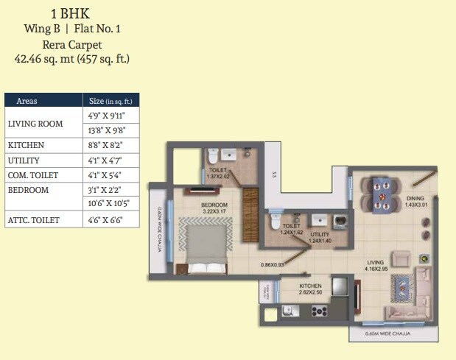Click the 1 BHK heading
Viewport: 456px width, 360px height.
tap(71, 13)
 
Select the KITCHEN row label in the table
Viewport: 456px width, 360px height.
tap(26, 145)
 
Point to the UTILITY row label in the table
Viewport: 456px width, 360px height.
tap(24, 160)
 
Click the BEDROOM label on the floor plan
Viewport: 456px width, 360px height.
tap(215, 205)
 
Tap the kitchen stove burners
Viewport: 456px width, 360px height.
tap(319, 311)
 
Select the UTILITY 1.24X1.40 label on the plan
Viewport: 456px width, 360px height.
tap(320, 238)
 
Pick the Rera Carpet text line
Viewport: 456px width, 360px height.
tap(71, 43)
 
